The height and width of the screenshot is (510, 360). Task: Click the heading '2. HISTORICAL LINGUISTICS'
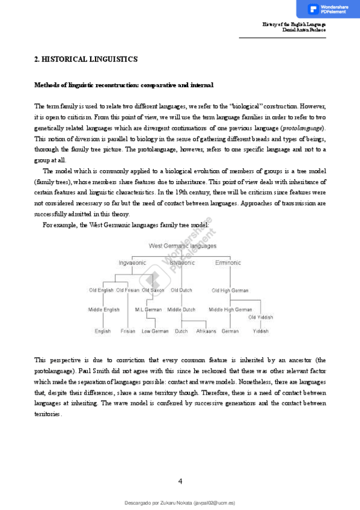pos(86,60)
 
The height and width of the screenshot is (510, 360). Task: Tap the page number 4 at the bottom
pos(180,481)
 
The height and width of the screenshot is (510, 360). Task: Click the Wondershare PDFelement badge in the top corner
pos(328,9)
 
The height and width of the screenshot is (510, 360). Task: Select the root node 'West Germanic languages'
pos(182,246)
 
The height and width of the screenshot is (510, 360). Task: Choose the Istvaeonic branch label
pos(182,263)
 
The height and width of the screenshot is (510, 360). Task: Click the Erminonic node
pos(228,263)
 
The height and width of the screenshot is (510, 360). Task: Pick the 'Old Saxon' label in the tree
pos(153,290)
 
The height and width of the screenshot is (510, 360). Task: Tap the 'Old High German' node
pos(230,290)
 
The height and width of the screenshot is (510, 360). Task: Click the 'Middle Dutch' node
pos(182,310)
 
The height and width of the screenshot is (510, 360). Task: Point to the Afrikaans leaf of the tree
pos(206,331)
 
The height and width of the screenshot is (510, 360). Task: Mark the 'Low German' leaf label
pos(155,331)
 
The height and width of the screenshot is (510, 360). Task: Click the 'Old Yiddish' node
pos(261,317)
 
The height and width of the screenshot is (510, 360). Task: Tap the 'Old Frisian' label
pos(128,290)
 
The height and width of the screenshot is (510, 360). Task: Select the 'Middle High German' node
pos(230,310)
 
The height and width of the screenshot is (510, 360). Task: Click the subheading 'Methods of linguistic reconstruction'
pos(124,85)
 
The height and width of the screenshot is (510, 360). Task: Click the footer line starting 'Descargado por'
pos(180,502)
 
